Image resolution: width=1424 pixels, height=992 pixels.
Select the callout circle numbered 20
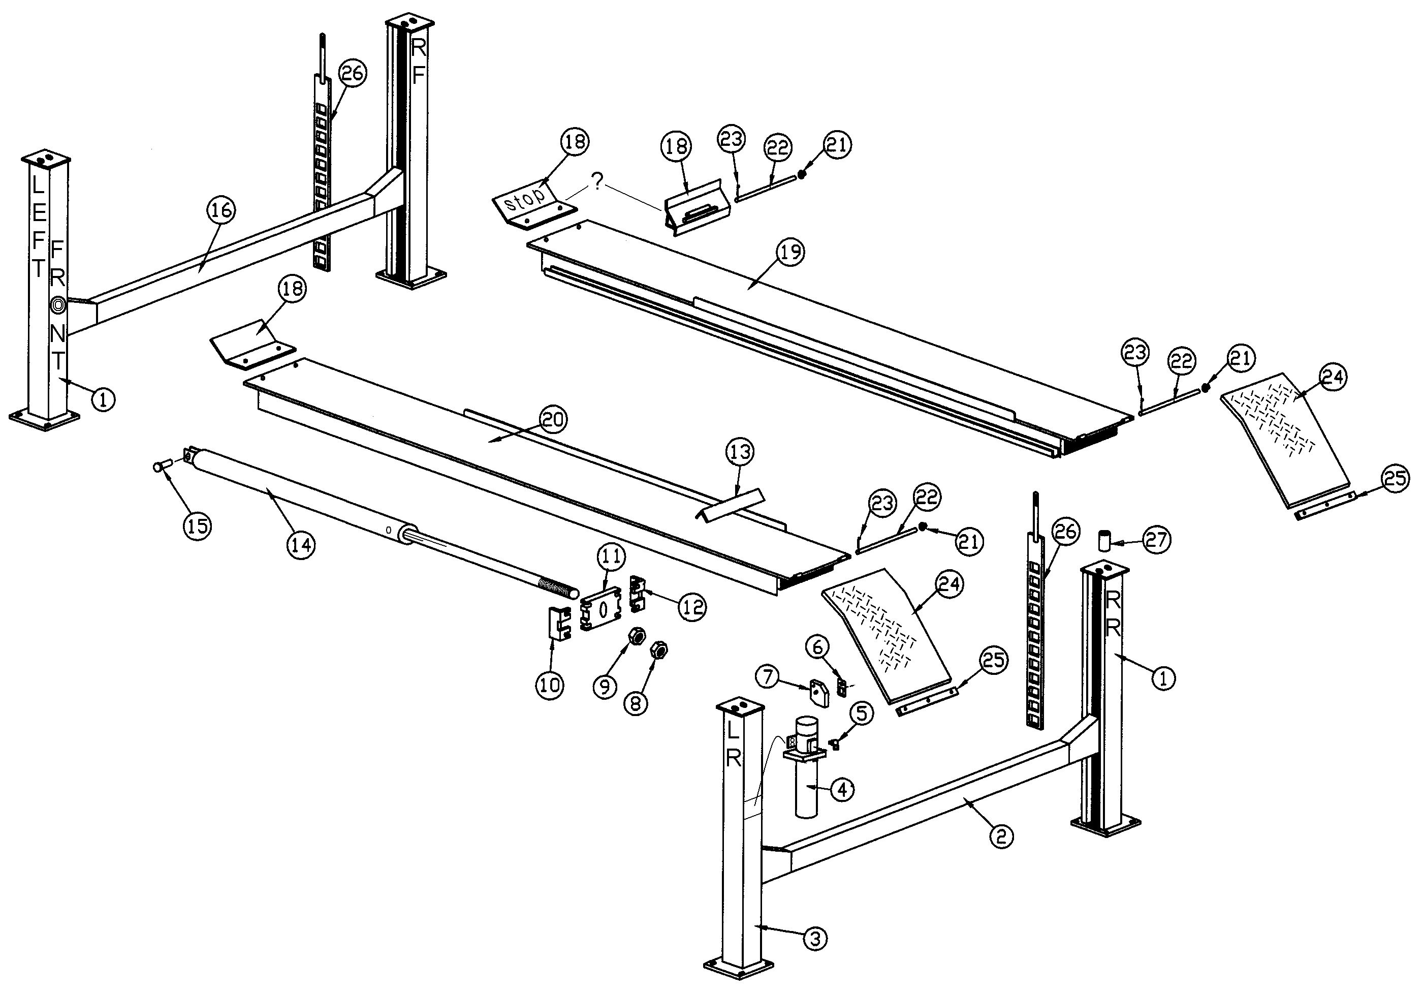tap(553, 420)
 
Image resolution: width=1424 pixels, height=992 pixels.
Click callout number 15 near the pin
tap(197, 525)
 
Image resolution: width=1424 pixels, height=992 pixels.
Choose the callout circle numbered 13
tap(740, 453)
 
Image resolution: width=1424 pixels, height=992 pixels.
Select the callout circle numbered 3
tap(815, 939)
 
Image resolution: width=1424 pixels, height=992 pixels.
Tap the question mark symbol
tap(596, 182)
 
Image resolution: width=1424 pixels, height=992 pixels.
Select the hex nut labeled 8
tap(658, 651)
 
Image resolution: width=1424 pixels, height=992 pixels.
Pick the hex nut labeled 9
tap(636, 637)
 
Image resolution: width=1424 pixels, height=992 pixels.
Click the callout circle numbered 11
tap(611, 557)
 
